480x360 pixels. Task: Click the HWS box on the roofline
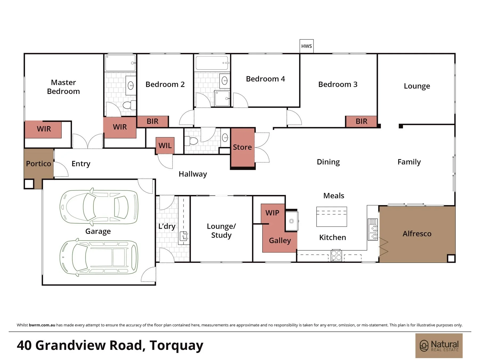click(306, 46)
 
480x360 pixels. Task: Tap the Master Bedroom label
click(63, 87)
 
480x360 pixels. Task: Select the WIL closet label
click(165, 145)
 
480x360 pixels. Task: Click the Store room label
click(242, 147)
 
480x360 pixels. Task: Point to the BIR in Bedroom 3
click(361, 121)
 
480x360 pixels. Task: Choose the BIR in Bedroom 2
click(153, 121)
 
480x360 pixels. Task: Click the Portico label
click(38, 163)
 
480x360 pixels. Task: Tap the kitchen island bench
click(331, 217)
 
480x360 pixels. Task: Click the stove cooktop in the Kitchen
click(336, 255)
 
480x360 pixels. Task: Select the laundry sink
click(184, 236)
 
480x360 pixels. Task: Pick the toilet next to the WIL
click(191, 141)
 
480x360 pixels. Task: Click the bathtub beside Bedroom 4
click(212, 63)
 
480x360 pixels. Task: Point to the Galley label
click(280, 241)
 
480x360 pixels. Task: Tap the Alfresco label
click(417, 234)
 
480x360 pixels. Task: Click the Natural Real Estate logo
click(439, 346)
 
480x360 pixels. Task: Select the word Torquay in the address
click(176, 346)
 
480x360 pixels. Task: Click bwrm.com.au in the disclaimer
click(42, 325)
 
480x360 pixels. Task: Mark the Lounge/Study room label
click(221, 231)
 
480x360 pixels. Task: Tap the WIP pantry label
click(272, 213)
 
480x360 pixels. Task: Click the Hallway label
click(193, 174)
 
